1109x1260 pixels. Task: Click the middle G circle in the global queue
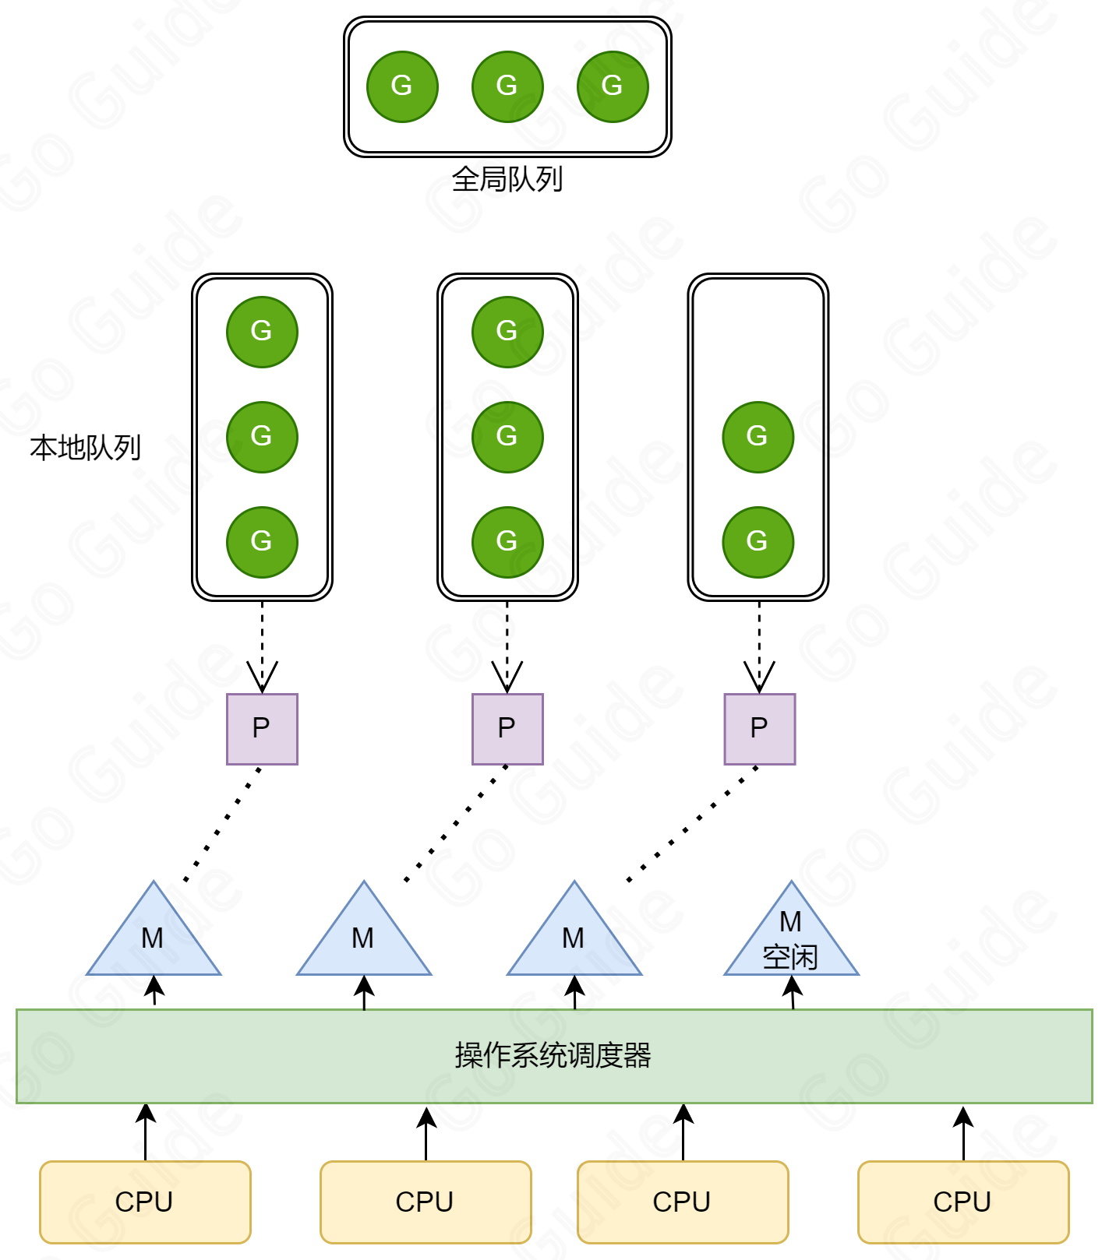[x=507, y=86]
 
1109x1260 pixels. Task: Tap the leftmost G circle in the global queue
[x=402, y=86]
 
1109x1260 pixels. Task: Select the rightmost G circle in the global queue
[x=613, y=86]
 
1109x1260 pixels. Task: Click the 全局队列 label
[x=507, y=180]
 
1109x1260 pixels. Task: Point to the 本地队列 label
[x=86, y=448]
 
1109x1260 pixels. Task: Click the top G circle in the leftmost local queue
[x=262, y=332]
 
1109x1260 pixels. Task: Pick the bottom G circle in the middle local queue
[x=507, y=542]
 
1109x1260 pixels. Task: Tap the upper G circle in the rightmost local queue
[x=758, y=437]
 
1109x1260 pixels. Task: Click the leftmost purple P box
[x=262, y=729]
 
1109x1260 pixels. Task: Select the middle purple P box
[x=507, y=729]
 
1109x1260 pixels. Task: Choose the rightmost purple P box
[x=759, y=729]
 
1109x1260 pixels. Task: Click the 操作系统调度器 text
[x=553, y=1056]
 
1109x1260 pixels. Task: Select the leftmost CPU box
[x=145, y=1202]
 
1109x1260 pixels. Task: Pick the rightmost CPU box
[x=963, y=1202]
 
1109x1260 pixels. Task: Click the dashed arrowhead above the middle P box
[x=507, y=678]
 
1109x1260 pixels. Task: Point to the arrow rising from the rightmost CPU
[x=963, y=1133]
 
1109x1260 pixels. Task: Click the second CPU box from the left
[x=426, y=1202]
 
